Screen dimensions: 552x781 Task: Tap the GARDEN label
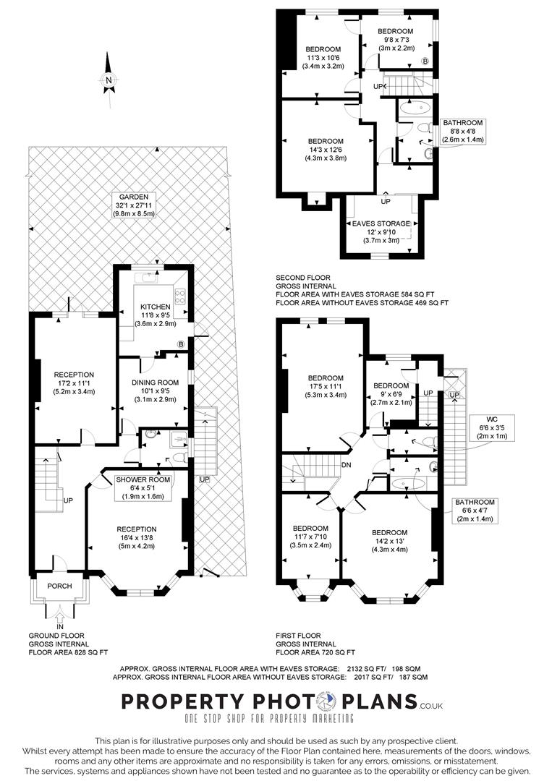134,197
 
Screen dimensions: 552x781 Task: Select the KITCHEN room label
156,307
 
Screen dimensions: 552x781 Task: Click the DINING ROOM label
155,383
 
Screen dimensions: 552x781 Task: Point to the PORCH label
59,586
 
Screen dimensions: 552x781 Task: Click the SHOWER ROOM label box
143,488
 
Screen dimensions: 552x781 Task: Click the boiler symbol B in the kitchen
181,344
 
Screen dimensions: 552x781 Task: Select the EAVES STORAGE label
381,223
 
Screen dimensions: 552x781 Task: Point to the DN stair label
347,465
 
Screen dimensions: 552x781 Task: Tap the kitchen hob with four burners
180,297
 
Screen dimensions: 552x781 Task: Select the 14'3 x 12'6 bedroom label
326,150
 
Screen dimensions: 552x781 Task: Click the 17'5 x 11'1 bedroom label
326,386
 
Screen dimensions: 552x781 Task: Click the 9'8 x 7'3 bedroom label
396,39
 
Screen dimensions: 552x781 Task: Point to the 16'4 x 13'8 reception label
137,537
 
